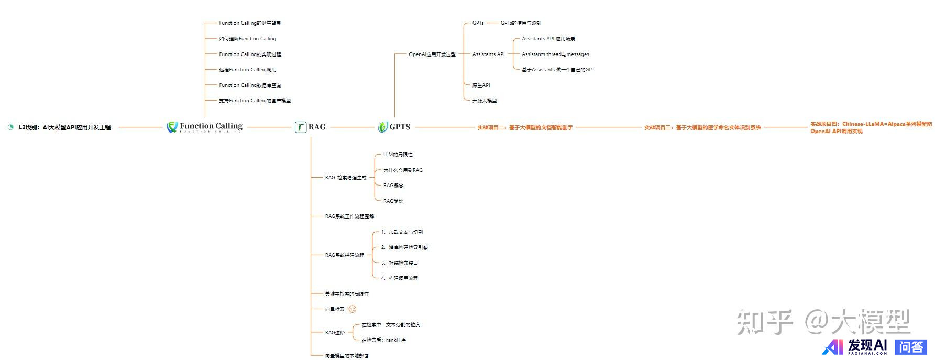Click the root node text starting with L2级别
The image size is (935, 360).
pos(64,127)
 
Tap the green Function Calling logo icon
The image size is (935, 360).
pos(172,127)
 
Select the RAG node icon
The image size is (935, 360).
pos(301,127)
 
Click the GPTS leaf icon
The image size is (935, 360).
pos(383,127)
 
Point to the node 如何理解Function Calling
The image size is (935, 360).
pos(247,39)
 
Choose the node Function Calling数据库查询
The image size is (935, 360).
pos(250,85)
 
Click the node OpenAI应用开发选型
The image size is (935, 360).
pos(432,54)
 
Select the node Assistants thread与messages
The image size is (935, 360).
pos(555,54)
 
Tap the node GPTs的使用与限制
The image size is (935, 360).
pos(521,23)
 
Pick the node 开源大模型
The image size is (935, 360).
pos(485,100)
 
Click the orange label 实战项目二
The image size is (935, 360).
pos(525,127)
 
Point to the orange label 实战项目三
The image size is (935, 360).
pos(702,127)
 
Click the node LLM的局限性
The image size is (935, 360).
pos(398,155)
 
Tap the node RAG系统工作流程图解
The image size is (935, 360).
pos(349,216)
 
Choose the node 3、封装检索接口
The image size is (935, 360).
pos(399,263)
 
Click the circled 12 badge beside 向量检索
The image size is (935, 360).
pos(353,309)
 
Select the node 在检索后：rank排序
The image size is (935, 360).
pos(383,340)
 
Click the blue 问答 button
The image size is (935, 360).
pos(911,347)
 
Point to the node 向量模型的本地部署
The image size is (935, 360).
pos(347,356)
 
